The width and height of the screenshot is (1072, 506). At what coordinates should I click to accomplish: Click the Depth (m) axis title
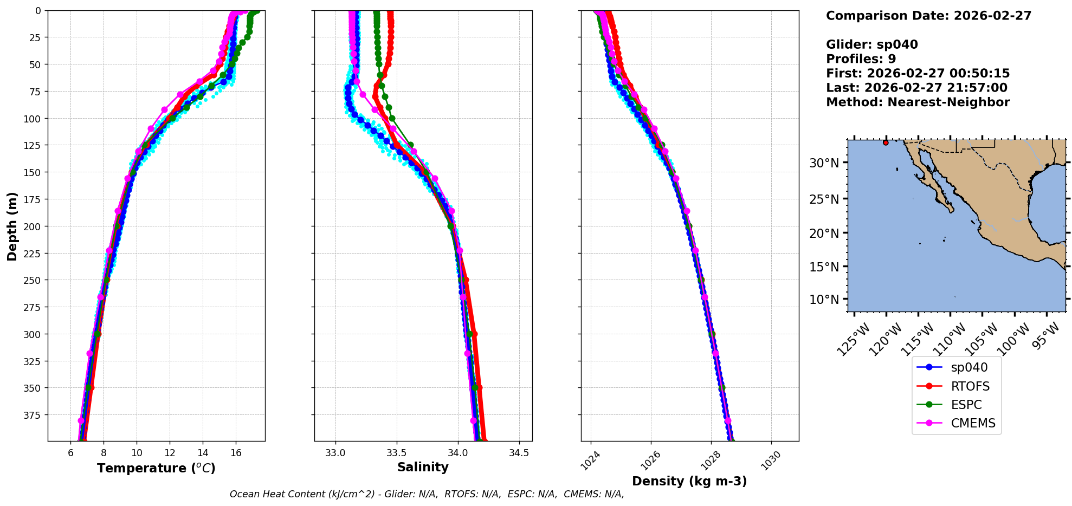click(x=12, y=226)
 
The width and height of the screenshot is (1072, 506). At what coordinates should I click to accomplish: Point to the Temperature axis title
click(x=156, y=468)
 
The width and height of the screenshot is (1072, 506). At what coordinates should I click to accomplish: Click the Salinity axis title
click(x=423, y=467)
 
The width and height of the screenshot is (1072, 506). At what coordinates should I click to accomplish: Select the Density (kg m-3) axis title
click(x=689, y=481)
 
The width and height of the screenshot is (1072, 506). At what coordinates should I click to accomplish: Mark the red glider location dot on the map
click(x=886, y=142)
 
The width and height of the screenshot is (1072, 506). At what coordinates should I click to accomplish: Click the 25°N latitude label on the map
click(x=824, y=199)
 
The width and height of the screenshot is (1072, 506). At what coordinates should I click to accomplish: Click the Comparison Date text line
click(x=928, y=16)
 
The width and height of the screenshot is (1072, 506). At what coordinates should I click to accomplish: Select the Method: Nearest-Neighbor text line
click(x=918, y=102)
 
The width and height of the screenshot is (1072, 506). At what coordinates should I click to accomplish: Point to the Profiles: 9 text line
click(x=861, y=59)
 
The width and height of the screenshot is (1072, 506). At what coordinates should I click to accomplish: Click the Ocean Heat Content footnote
click(x=427, y=494)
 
